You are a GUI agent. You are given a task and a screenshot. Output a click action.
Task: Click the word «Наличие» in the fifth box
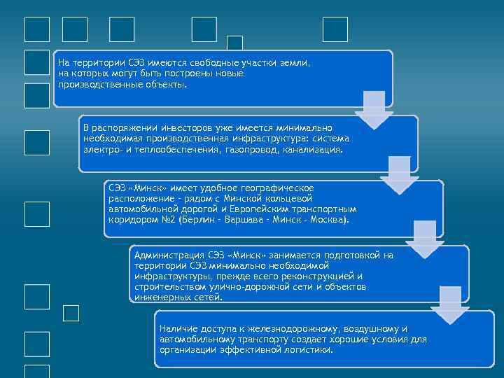click(x=176, y=329)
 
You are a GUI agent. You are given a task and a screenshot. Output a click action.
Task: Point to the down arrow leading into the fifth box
click(x=450, y=305)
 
